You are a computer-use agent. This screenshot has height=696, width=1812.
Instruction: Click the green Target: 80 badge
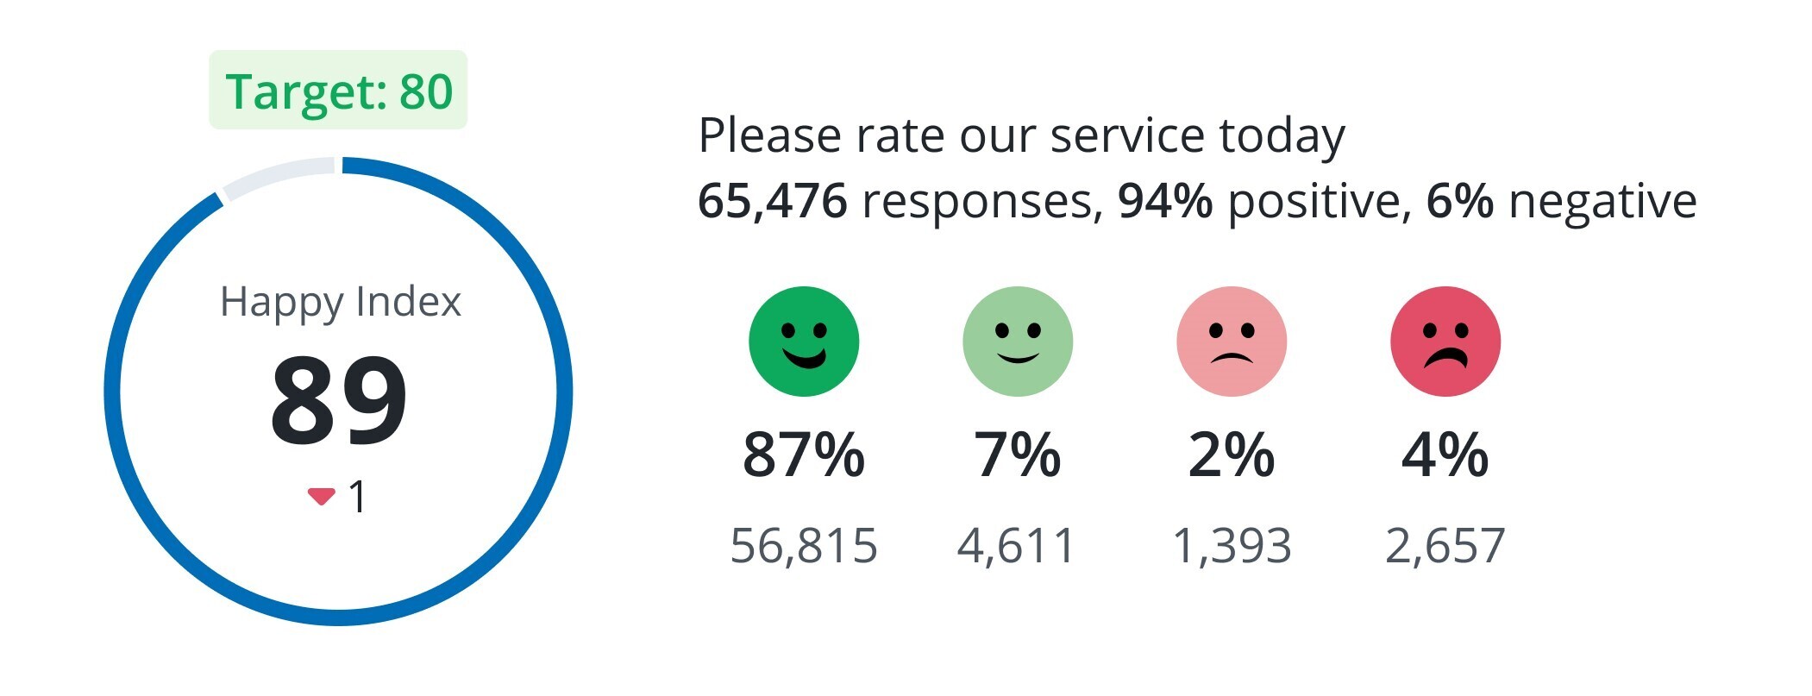[338, 91]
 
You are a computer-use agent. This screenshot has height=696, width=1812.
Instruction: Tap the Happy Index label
[341, 302]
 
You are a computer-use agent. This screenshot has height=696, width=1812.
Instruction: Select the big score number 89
[338, 401]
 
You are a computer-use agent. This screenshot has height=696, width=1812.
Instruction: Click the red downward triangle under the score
[321, 496]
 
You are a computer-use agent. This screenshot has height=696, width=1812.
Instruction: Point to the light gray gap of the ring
[279, 176]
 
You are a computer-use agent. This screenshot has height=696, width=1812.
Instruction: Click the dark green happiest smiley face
[804, 342]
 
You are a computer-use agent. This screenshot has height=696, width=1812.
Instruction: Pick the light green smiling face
[1018, 342]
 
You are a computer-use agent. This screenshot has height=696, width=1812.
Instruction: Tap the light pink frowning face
[1232, 342]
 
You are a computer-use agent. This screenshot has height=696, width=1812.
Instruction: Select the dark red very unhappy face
[1445, 342]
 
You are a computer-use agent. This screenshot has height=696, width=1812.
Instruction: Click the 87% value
[804, 455]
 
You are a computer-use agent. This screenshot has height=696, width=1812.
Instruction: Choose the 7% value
[1018, 455]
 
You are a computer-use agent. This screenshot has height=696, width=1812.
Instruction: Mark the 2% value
[1232, 455]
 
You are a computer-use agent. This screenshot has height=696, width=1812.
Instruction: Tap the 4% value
[1445, 455]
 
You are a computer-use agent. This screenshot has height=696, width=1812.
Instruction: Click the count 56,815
[804, 545]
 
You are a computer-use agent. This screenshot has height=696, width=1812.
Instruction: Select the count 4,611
[1018, 545]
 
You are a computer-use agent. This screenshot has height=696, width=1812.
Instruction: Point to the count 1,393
[1232, 545]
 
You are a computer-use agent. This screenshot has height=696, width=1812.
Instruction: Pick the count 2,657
[1445, 545]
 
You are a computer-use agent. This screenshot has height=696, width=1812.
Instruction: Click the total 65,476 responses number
[773, 201]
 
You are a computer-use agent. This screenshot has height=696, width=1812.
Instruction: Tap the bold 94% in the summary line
[1165, 201]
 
